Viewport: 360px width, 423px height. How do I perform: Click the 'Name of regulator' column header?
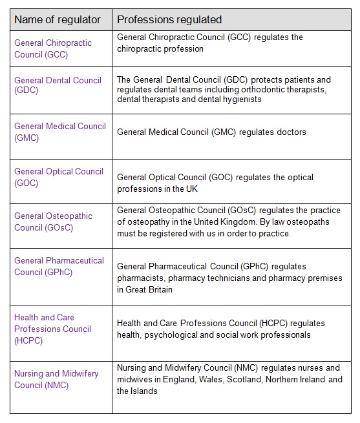pos(58,19)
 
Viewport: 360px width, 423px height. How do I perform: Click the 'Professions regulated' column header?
pos(169,19)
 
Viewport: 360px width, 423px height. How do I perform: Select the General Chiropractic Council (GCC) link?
pos(53,48)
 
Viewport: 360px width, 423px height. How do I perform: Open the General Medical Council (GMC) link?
pos(59,132)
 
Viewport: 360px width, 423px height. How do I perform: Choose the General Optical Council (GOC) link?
pos(58,177)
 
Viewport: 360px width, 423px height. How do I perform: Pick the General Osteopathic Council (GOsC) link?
pos(53,222)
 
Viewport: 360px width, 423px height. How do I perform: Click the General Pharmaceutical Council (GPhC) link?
pos(59,266)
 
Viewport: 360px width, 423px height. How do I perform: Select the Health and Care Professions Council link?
pos(52,329)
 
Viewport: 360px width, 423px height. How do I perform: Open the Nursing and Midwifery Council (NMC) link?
pos(56,380)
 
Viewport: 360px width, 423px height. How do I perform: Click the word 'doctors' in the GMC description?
pos(291,132)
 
